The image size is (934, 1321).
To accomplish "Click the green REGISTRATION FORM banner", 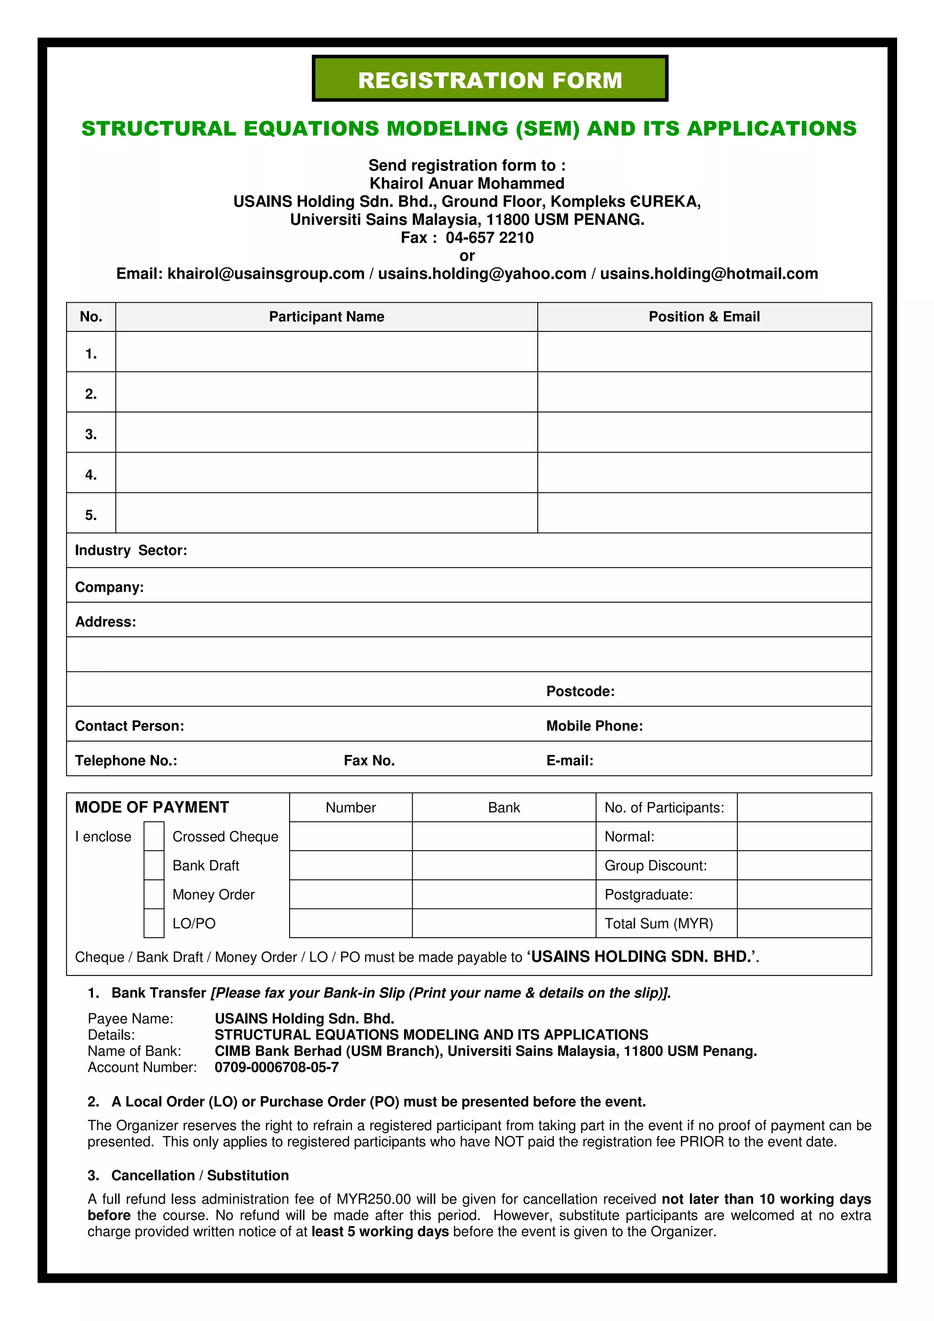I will [490, 79].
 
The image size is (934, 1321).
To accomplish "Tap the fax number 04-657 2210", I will [489, 237].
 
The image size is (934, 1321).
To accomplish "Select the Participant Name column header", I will [326, 316].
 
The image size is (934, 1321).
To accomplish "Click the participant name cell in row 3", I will [326, 432].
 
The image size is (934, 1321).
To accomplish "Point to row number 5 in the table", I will [91, 515].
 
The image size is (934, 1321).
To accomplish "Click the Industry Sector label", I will [130, 551].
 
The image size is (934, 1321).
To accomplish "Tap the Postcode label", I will [580, 691].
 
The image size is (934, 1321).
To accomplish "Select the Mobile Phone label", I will [594, 726].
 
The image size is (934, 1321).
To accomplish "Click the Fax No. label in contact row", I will [369, 761].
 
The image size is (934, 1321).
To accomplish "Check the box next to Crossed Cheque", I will [154, 836].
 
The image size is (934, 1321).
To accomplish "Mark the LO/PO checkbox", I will [154, 923].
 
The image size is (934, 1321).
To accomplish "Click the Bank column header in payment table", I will [503, 807].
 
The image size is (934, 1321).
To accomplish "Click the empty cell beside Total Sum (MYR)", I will [804, 923].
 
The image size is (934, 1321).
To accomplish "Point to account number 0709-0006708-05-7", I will [276, 1067].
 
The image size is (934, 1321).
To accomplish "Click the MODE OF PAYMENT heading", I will [152, 807].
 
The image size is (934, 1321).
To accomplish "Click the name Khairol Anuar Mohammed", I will [467, 184].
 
